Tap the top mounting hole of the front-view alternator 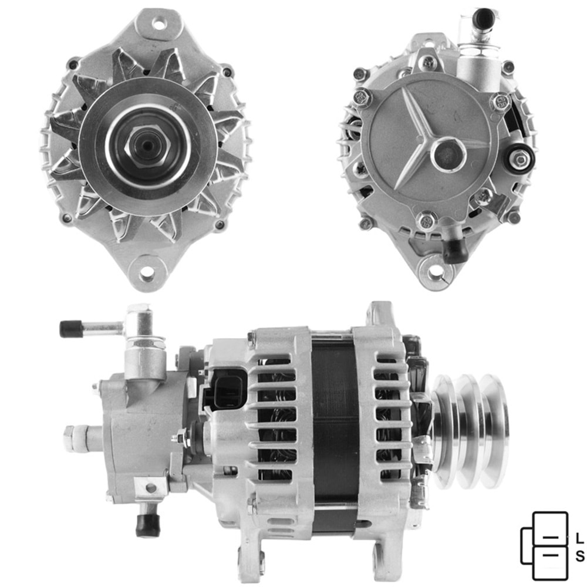point(157,24)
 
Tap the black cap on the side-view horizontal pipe point(71,329)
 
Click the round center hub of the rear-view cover point(448,154)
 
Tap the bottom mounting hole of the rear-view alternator point(436,272)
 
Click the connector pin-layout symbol point(545,546)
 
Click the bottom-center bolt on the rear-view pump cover point(426,221)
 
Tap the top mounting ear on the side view point(379,313)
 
